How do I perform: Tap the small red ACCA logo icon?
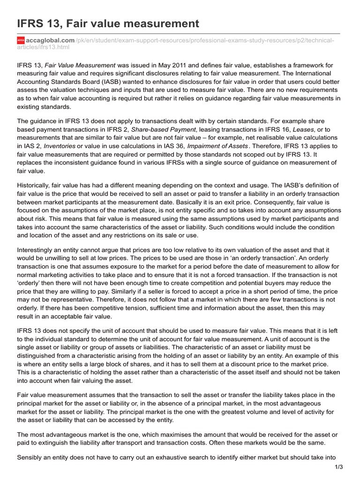tap(20, 41)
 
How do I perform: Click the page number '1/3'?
tap(339, 467)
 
